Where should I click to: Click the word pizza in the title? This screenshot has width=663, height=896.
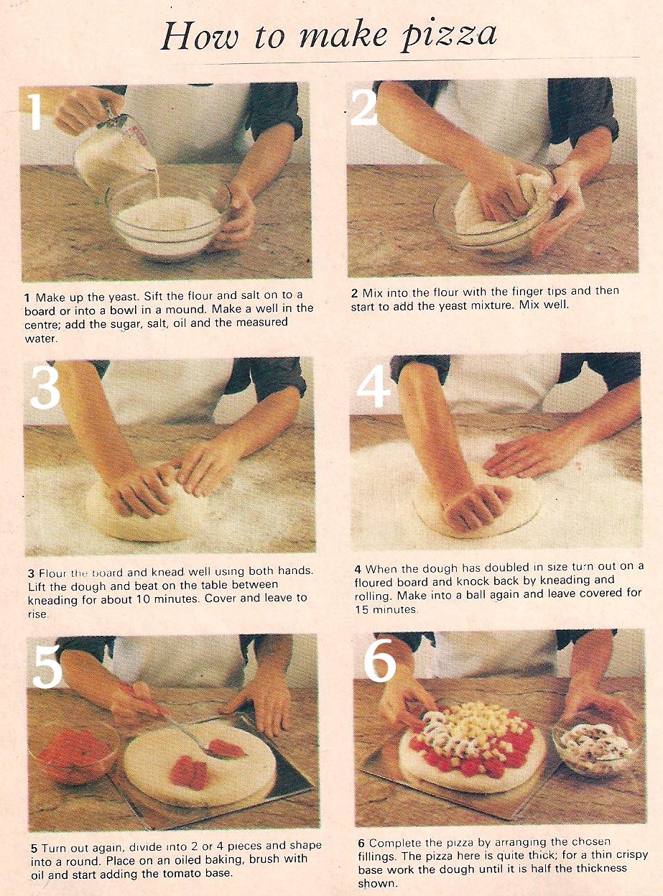448,37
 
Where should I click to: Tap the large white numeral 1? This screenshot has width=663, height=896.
36,112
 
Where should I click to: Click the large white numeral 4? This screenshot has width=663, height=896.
374,388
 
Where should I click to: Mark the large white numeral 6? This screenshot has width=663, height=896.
379,660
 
